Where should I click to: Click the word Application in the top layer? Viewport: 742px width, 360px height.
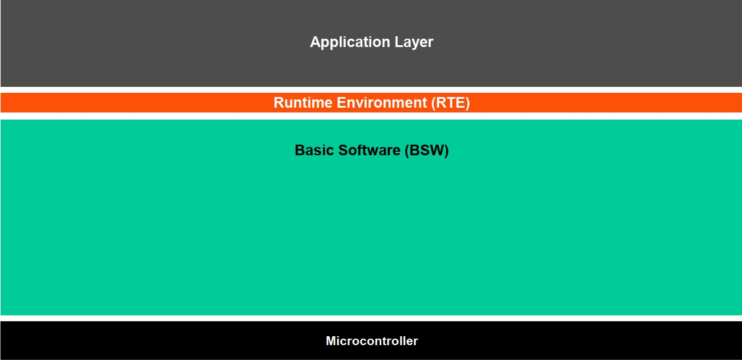(350, 42)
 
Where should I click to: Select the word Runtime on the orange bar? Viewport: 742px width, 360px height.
(303, 103)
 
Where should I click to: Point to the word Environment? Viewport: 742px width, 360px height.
(382, 103)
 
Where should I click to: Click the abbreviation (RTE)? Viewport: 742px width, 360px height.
(450, 103)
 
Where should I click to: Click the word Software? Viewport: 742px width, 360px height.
(369, 151)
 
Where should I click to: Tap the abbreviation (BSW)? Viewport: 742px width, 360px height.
(427, 151)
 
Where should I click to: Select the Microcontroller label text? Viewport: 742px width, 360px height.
(371, 341)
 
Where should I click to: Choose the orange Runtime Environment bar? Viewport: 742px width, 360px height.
(149, 103)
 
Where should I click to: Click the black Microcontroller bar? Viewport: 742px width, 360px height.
(179, 341)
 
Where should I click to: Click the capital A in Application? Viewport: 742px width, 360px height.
(315, 42)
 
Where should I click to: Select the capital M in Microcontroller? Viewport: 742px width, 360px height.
(330, 341)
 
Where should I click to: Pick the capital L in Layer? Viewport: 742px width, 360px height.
(398, 42)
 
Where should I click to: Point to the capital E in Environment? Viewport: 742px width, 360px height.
(341, 103)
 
